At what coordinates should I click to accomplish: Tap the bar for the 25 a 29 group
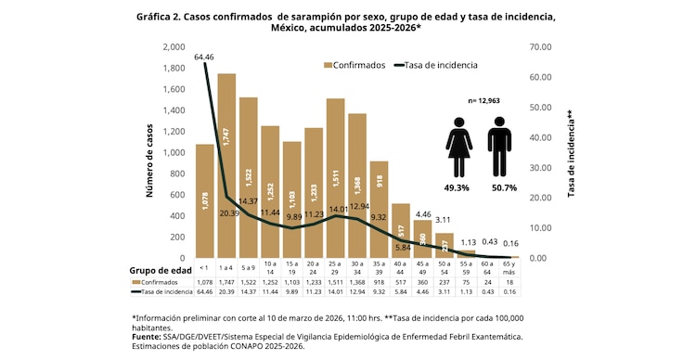335,178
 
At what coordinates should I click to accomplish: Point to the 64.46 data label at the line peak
205,58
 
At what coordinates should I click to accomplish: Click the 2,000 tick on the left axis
173,47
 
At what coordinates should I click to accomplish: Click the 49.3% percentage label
457,187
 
